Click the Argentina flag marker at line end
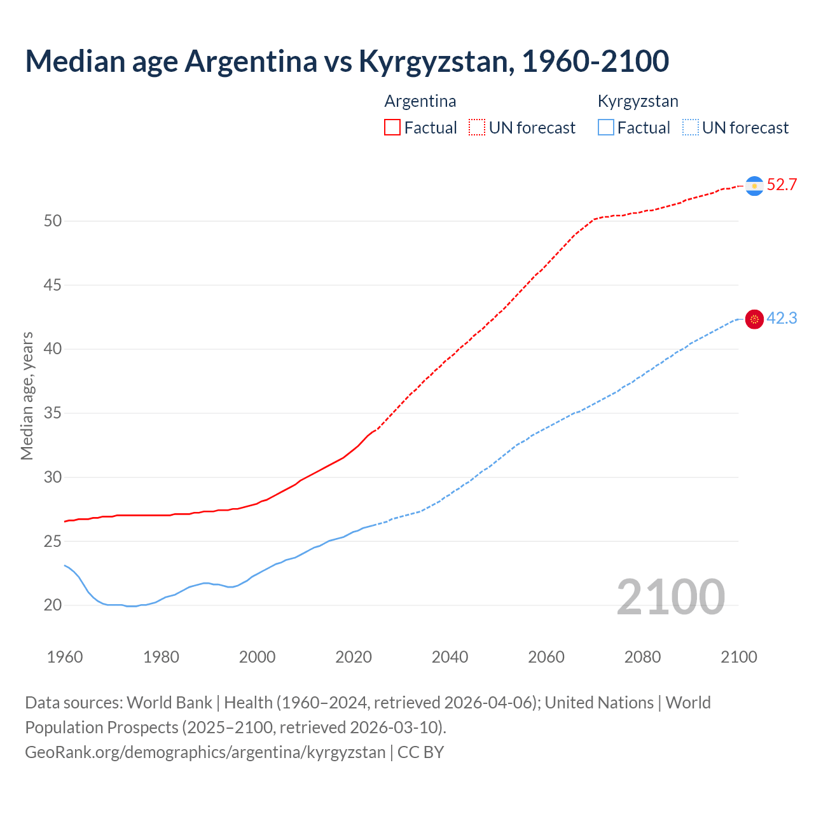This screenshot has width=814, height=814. point(754,186)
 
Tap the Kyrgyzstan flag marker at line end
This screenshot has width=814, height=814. point(754,319)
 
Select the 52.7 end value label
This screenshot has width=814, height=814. point(782,185)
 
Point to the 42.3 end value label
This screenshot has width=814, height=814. point(782,319)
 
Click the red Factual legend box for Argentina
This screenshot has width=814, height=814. point(392,128)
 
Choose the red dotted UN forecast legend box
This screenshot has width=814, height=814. point(477,128)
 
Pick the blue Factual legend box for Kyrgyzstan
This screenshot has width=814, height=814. point(606,128)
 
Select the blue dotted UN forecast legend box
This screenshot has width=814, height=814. point(691,128)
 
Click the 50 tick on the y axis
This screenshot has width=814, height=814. point(53,221)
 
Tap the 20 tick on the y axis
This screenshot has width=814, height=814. point(53,605)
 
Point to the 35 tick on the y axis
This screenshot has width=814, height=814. point(53,413)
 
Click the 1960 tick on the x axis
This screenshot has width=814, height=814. point(65,657)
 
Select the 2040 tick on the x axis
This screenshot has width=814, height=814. point(450,657)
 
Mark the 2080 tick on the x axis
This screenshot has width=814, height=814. point(642,657)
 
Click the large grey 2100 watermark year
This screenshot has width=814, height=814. point(671,597)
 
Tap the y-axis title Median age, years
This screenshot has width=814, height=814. point(27,396)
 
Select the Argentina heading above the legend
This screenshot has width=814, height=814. point(420,101)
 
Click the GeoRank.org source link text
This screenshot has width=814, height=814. point(205,752)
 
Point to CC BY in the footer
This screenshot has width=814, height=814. point(421,752)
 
